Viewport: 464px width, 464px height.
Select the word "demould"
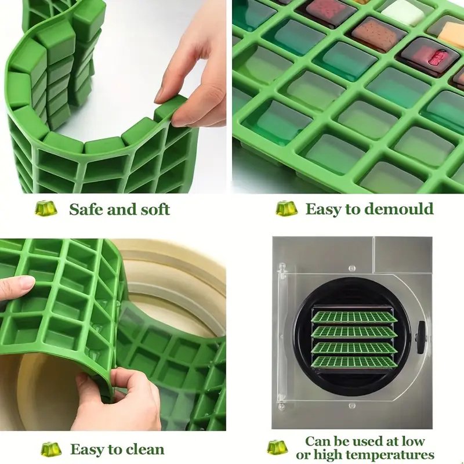click(399, 209)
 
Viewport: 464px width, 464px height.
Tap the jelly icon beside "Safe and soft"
click(46, 208)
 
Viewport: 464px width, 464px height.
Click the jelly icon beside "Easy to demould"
click(287, 209)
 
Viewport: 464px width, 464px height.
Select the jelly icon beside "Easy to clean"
click(51, 449)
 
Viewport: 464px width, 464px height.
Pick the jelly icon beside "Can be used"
click(277, 447)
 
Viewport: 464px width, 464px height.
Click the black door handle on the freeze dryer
click(420, 337)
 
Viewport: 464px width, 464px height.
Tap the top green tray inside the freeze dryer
click(354, 317)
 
